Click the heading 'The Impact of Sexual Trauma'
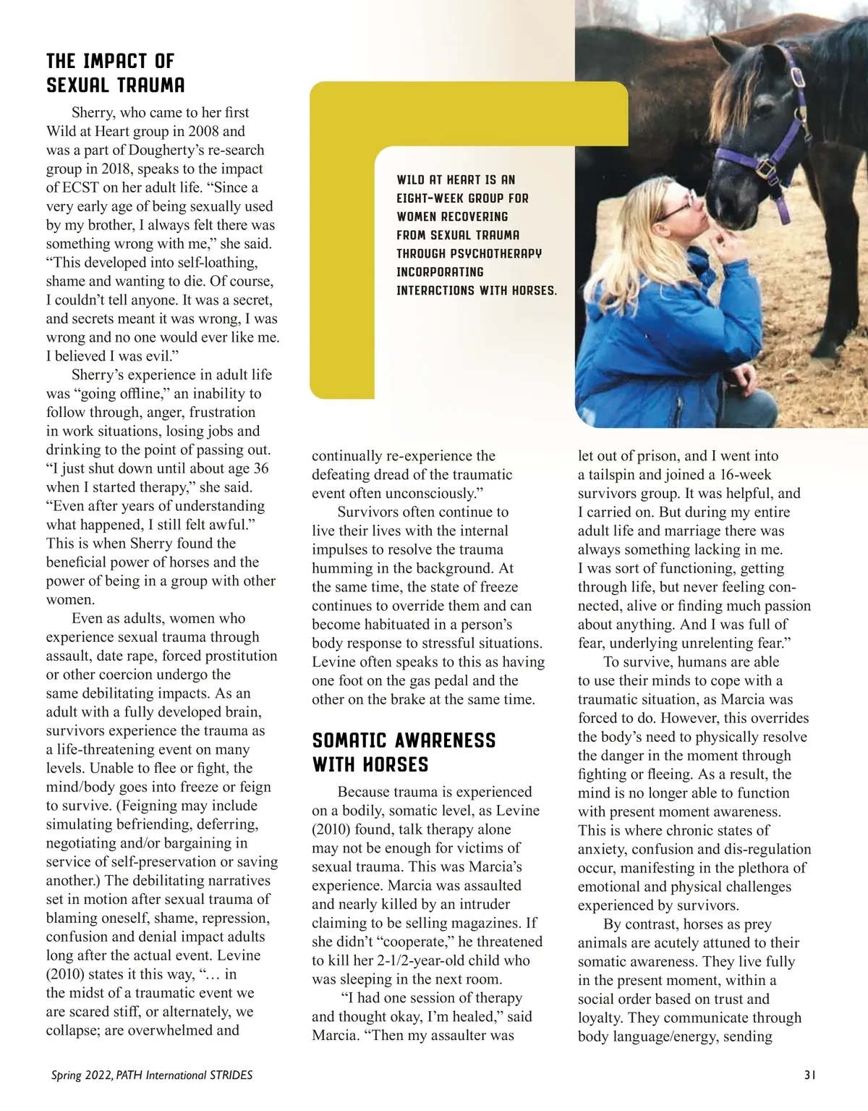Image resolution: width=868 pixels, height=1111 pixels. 116,72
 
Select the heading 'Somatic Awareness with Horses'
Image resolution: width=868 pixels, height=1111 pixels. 404,752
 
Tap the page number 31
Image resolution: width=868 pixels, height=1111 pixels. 811,1075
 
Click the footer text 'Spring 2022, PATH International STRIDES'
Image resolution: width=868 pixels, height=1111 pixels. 152,1075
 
